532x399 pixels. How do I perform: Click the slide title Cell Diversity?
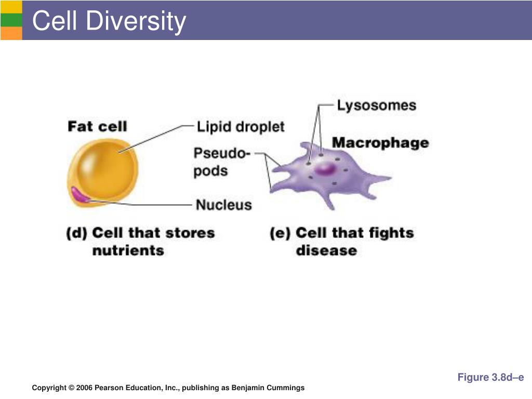pyautogui.click(x=109, y=21)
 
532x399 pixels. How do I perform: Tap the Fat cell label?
pyautogui.click(x=97, y=126)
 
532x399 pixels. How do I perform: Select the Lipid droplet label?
pyautogui.click(x=241, y=126)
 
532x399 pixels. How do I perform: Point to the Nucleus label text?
pyautogui.click(x=223, y=205)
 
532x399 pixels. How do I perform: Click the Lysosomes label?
pyautogui.click(x=376, y=105)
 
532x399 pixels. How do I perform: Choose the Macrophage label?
pyautogui.click(x=380, y=142)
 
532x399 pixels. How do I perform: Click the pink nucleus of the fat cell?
pyautogui.click(x=80, y=194)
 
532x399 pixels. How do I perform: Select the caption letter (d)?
pyautogui.click(x=77, y=233)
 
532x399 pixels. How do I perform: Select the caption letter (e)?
pyautogui.click(x=280, y=233)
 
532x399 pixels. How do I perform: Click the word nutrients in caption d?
pyautogui.click(x=128, y=250)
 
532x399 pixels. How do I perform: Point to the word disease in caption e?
pyautogui.click(x=326, y=250)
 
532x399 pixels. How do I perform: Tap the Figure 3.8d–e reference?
pyautogui.click(x=490, y=377)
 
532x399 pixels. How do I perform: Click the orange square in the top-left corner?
pyautogui.click(x=11, y=33)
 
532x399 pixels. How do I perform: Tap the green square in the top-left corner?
pyautogui.click(x=11, y=20)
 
